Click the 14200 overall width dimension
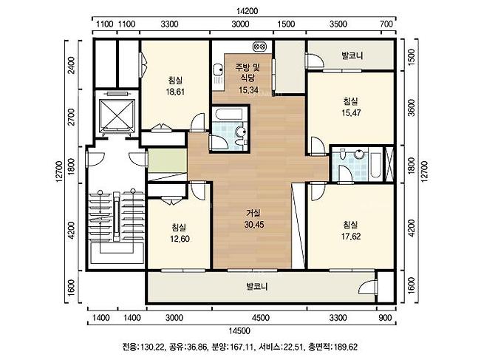point(247,11)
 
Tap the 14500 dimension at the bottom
point(239,331)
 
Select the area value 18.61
point(175,92)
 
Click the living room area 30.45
point(254,225)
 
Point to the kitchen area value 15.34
point(248,90)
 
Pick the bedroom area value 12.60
point(180,239)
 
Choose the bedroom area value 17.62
point(351,237)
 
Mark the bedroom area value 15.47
point(351,112)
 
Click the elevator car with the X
point(117,114)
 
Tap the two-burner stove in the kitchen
point(260,47)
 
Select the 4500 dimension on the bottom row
point(260,318)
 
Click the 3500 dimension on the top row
point(338,24)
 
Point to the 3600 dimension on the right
point(412,108)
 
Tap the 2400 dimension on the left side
point(71,65)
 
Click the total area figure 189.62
point(346,347)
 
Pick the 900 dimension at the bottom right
point(385,318)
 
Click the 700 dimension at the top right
point(386,24)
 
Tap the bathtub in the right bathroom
point(375,163)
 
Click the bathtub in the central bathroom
point(229,115)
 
